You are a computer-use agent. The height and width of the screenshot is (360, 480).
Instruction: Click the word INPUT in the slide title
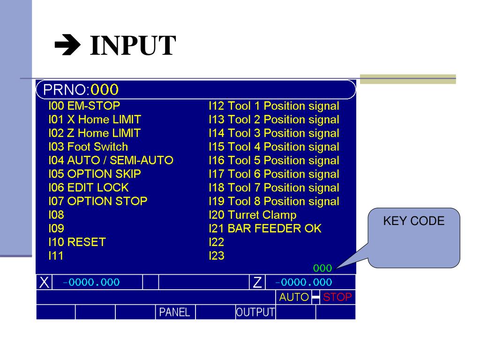(133, 46)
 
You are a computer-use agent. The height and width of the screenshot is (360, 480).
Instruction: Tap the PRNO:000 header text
(81, 89)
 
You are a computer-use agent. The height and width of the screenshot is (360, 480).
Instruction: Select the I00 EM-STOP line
(84, 106)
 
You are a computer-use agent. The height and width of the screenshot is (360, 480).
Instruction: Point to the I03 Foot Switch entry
(88, 147)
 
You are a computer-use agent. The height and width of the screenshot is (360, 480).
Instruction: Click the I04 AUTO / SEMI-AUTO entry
(111, 160)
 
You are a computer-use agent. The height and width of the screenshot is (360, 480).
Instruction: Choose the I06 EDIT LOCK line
(88, 187)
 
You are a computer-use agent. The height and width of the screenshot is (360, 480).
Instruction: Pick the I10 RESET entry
(77, 242)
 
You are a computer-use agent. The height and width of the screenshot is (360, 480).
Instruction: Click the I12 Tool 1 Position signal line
(274, 106)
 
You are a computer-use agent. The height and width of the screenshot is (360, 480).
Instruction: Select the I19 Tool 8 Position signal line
(274, 201)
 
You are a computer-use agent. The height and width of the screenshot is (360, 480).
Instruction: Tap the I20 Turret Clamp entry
(252, 215)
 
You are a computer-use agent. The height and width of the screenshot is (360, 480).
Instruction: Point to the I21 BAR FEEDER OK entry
(265, 228)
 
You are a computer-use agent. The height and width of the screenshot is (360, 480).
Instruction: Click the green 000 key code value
(322, 269)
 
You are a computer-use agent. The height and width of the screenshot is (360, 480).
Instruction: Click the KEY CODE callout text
(413, 221)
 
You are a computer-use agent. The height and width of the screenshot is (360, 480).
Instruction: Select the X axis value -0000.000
(91, 282)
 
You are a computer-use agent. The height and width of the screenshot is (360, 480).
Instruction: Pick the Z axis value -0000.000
(303, 282)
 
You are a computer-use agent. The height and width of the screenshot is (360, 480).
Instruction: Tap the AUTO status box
(294, 297)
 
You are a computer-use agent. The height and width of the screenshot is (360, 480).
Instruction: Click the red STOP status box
(337, 297)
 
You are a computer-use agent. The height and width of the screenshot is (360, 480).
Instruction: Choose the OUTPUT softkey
(255, 312)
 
